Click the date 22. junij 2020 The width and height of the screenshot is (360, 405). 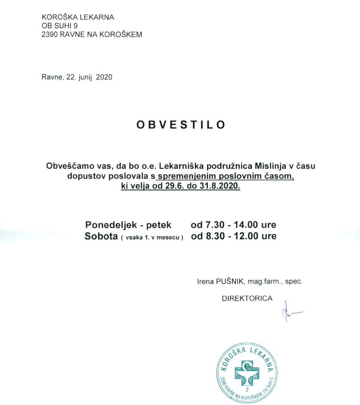[x=89, y=77]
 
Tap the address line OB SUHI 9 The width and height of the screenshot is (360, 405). [x=59, y=26]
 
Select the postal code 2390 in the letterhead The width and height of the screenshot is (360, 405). [x=49, y=34]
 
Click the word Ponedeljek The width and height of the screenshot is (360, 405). [x=110, y=225]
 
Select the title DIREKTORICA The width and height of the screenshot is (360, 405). [x=247, y=298]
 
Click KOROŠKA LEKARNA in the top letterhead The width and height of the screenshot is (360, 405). [x=78, y=17]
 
